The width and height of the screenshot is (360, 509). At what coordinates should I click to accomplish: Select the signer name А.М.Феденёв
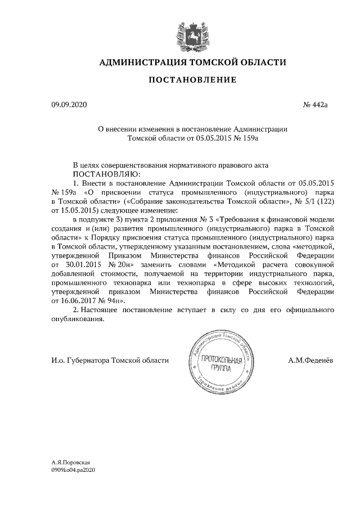pyautogui.click(x=310, y=360)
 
